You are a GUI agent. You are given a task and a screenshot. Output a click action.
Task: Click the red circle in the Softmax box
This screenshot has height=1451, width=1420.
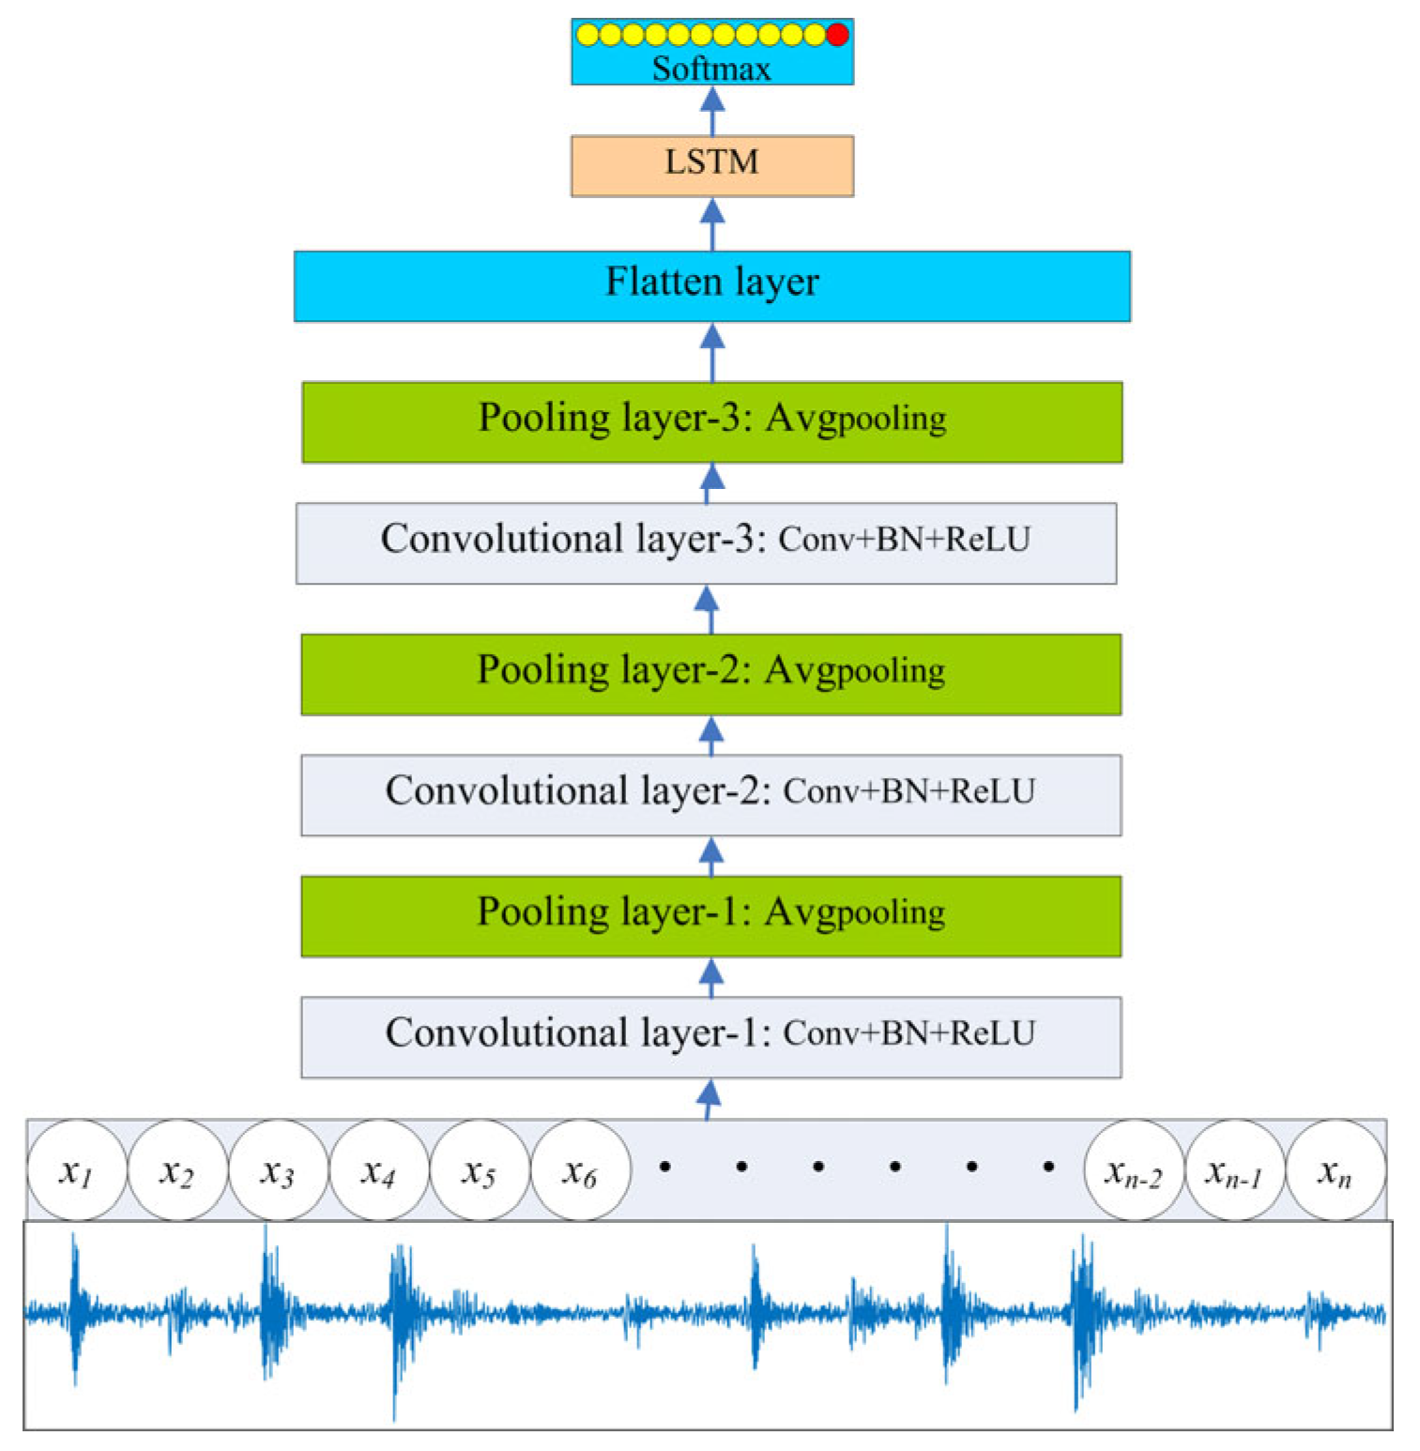[x=837, y=35]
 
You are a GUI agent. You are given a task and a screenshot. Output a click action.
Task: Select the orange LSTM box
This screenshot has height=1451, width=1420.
[x=711, y=165]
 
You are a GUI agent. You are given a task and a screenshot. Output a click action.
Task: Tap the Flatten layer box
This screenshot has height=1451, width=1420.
[x=711, y=285]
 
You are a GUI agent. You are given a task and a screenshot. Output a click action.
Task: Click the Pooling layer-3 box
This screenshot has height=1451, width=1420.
[x=711, y=421]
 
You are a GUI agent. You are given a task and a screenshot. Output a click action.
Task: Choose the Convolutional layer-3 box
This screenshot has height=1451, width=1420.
[x=706, y=542]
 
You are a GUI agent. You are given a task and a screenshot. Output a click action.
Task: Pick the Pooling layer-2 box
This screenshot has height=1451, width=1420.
[x=710, y=674]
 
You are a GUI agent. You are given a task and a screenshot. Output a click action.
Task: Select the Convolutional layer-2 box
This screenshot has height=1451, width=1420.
[x=710, y=794]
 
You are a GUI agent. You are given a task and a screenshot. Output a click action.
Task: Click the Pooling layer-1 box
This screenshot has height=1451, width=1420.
[x=710, y=916]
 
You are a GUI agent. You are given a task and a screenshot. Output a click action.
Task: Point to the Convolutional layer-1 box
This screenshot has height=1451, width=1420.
[x=710, y=1036]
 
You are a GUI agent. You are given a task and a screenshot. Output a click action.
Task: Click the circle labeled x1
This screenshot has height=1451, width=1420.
[x=76, y=1169]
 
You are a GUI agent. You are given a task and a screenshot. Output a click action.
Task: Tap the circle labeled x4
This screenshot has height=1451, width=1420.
[x=379, y=1169]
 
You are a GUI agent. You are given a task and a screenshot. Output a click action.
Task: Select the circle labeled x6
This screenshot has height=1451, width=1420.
[x=580, y=1169]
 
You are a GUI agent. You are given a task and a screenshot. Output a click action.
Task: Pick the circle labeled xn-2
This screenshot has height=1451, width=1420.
[x=1134, y=1169]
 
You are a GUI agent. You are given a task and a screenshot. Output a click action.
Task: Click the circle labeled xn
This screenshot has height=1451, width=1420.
[x=1335, y=1169]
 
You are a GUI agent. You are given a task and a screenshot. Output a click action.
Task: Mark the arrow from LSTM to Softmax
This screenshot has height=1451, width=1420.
[x=712, y=110]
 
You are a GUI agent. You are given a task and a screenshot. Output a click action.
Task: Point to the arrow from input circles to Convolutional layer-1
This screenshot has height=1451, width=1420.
[x=710, y=1098]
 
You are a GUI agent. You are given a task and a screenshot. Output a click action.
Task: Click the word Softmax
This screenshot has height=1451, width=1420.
[x=711, y=69]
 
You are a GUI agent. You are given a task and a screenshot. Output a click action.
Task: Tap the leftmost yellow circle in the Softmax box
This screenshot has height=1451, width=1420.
[x=588, y=35]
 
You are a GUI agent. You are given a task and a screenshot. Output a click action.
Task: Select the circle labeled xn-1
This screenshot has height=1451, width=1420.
[x=1234, y=1169]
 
